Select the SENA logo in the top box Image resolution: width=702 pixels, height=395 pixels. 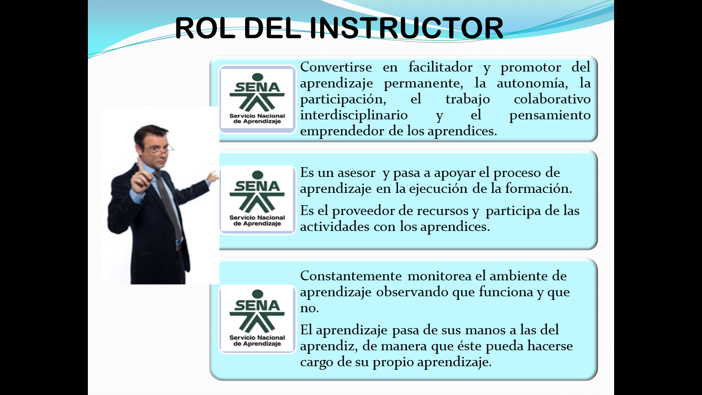[x=257, y=99]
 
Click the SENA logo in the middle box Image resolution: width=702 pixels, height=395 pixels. [x=257, y=200]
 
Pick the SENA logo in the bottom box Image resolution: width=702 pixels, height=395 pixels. [x=257, y=319]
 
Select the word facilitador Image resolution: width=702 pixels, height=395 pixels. [x=440, y=67]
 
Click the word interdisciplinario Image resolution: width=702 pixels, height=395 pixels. [x=354, y=115]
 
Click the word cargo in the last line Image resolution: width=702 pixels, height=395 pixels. [x=316, y=362]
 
